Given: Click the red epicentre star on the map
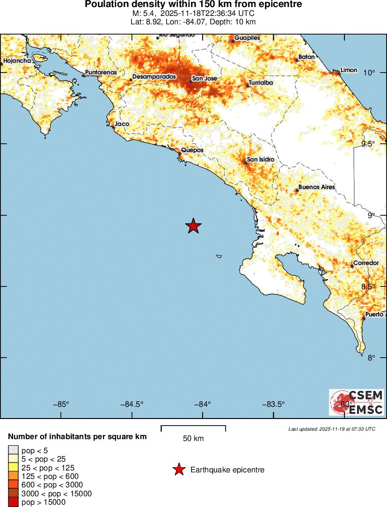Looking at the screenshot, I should pos(193,226).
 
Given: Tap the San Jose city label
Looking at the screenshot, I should pos(204,78).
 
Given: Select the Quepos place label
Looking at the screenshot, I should pos(192,150).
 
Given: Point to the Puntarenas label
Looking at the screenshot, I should pos(101,73).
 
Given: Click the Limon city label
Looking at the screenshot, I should pos(349,70).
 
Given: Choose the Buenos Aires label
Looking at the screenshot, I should pos(316,187).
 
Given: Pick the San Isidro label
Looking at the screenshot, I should pos(260,160).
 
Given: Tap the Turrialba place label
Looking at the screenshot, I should pos(261,83).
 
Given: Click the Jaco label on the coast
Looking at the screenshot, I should pos(122,124).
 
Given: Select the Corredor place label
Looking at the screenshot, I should pos(365,263).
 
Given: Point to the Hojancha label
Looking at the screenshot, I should pos(17,61).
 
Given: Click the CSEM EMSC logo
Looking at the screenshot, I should pos(357,402).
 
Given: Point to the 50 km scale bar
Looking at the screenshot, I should pos(193,427).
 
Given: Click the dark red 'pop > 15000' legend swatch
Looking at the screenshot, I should pos(13,502).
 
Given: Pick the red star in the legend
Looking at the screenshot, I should pos(178,470).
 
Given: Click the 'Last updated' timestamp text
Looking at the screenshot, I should pos(332,429).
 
